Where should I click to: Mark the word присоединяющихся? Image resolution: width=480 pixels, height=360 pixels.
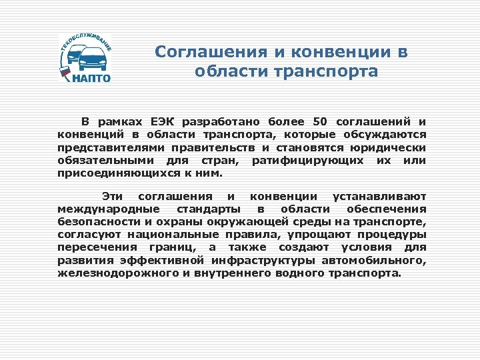click(119, 173)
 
